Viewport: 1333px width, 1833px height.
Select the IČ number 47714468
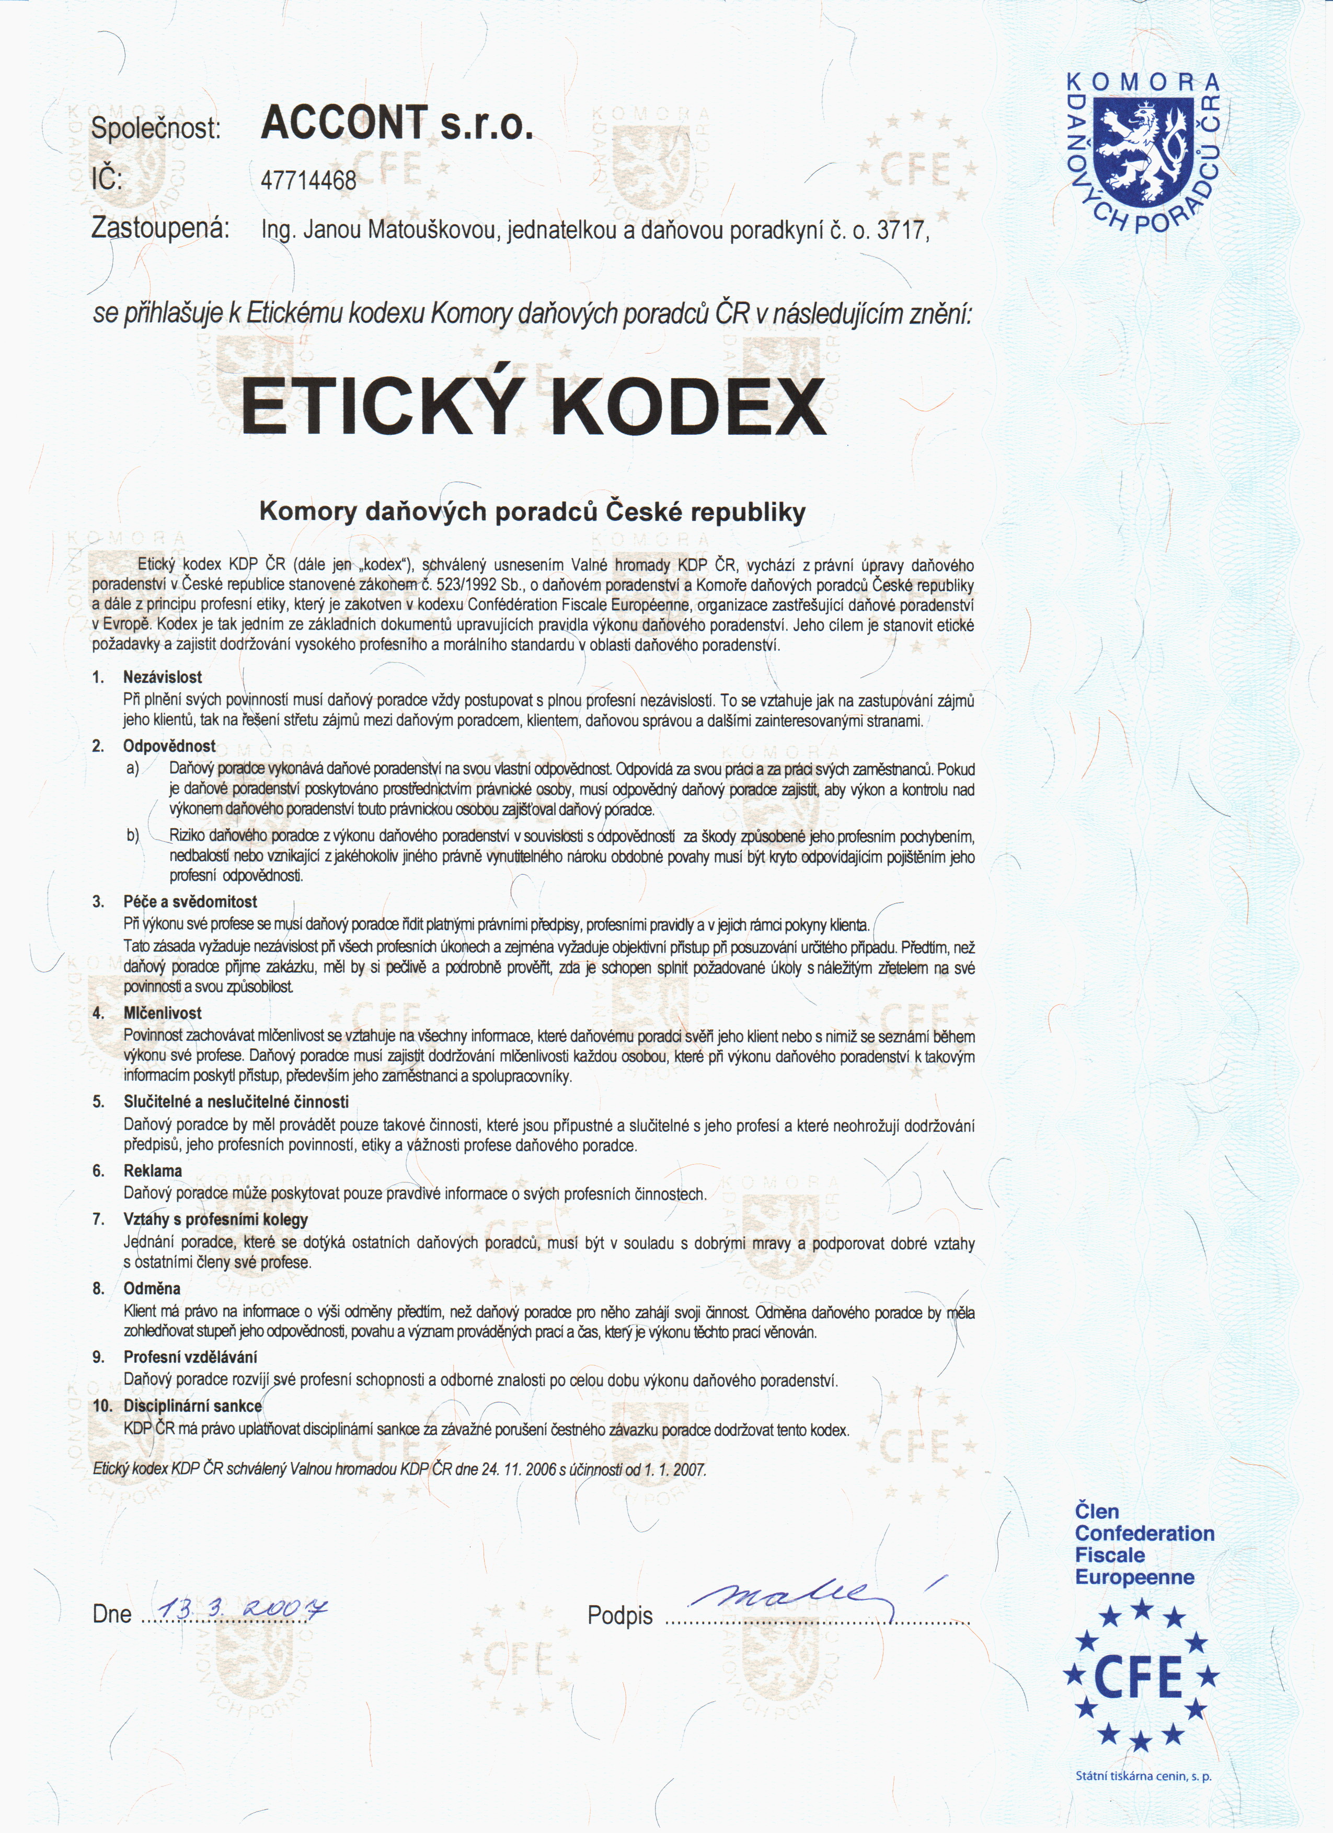[x=308, y=180]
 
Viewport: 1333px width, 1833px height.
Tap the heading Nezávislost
[x=163, y=677]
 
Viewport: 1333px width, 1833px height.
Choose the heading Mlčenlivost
[x=163, y=1013]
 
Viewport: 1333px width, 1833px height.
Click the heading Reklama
[x=153, y=1170]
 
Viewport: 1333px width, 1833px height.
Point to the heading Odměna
[x=152, y=1288]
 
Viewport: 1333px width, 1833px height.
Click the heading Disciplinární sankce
[x=192, y=1406]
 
